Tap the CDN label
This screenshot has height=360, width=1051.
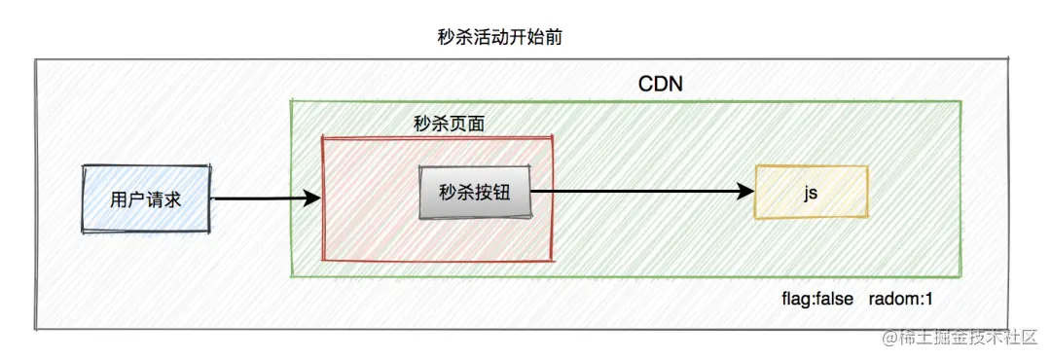(x=661, y=84)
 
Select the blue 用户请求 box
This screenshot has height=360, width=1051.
(x=146, y=199)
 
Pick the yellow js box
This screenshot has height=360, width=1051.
(x=811, y=192)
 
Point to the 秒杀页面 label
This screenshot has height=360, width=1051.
(x=449, y=125)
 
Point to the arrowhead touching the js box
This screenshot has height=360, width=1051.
(x=747, y=192)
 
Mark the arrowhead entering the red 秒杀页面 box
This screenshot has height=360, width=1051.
(x=312, y=198)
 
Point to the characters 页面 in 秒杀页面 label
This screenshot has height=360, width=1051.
(x=466, y=125)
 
